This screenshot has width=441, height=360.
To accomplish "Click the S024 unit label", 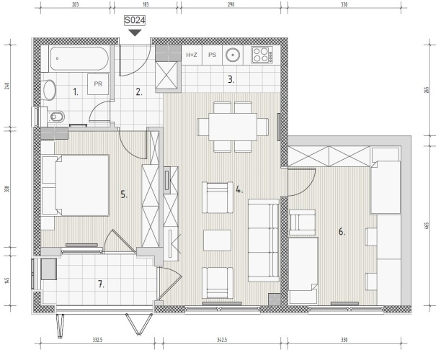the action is (x=135, y=20).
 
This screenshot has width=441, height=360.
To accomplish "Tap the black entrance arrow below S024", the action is (x=135, y=32).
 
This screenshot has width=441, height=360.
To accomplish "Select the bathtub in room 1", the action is (x=79, y=58).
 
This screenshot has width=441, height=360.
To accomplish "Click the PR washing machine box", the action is (x=98, y=84).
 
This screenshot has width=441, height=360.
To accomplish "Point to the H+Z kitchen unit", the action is (x=192, y=55).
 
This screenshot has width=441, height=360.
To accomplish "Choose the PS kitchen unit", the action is (x=213, y=55).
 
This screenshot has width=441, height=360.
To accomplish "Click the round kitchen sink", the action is (x=233, y=55).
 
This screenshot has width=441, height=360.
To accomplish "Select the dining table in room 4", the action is (x=233, y=127).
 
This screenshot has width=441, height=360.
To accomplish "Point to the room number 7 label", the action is (x=101, y=284).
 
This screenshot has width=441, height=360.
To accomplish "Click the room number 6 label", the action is (x=342, y=232).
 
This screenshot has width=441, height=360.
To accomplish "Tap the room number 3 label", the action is (x=231, y=80).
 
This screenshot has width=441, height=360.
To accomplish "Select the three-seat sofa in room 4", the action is (x=264, y=240).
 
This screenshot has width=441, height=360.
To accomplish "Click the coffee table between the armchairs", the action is (x=217, y=240).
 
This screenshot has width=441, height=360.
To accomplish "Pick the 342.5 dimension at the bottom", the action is (x=222, y=340).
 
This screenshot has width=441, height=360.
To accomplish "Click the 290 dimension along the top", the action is (x=231, y=4).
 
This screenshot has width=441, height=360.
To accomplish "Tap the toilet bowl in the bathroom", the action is (x=56, y=117).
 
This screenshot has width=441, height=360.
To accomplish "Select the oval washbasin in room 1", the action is (x=49, y=90).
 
